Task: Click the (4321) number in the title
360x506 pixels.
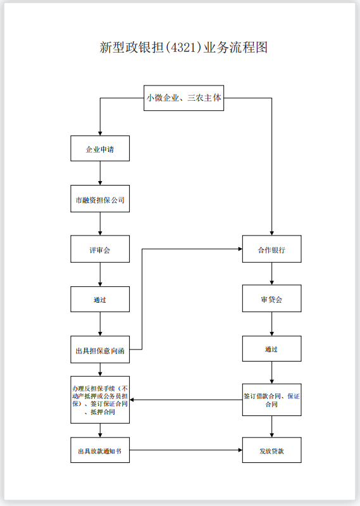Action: point(183,47)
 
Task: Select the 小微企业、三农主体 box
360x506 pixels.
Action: point(183,98)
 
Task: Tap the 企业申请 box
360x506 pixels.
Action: point(100,149)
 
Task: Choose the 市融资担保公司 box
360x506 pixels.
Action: point(100,199)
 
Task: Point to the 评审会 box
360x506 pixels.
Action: point(100,250)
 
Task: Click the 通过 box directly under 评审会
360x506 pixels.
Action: point(100,300)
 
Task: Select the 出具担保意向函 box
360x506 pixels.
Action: point(100,350)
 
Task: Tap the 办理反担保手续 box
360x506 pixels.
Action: point(100,399)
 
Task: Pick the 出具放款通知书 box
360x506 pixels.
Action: point(100,450)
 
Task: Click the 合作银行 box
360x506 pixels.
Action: point(271,250)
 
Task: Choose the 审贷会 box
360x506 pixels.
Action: point(271,299)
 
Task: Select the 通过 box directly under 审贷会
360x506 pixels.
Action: point(271,349)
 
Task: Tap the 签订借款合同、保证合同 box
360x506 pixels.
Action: point(271,400)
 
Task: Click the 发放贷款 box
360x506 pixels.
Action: point(271,450)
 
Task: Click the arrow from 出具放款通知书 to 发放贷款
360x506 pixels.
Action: point(186,450)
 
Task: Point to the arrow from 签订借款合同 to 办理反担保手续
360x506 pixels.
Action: point(186,400)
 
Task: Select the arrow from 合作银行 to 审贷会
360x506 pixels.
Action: point(271,274)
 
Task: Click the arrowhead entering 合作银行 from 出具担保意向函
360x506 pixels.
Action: point(239,250)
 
